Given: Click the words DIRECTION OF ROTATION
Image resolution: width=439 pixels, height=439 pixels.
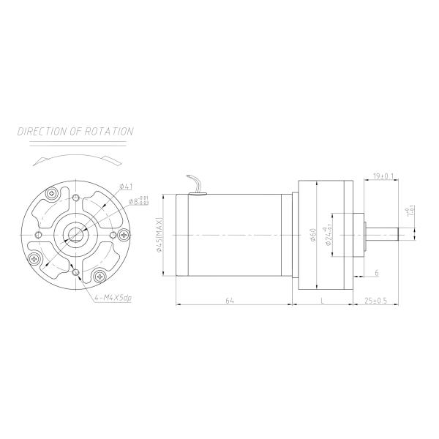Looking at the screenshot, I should [75, 132].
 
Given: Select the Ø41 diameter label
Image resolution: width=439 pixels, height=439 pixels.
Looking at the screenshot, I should [125, 187].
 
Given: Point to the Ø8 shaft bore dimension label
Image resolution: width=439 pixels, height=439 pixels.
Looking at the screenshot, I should [137, 200].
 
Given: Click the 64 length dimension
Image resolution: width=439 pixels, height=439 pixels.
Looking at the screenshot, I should [230, 300].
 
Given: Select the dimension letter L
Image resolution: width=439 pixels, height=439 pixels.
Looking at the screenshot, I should [323, 300].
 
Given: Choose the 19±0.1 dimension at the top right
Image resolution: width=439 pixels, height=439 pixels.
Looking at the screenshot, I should [383, 176].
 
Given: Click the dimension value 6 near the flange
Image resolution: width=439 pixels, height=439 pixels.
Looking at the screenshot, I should [376, 272].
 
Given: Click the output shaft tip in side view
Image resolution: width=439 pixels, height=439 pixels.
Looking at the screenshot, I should [396, 235].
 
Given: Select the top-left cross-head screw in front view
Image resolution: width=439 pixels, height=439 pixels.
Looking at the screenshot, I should [53, 194].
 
